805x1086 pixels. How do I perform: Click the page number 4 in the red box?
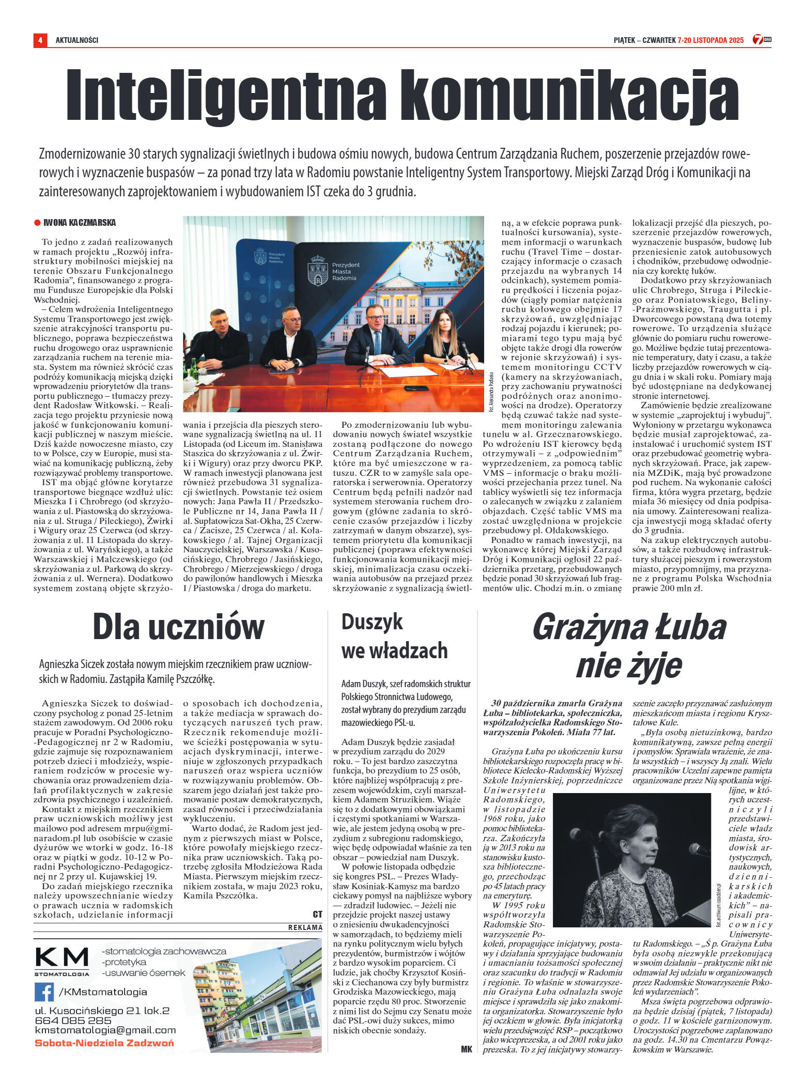pyautogui.click(x=40, y=40)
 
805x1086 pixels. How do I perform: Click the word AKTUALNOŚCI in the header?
pyautogui.click(x=77, y=40)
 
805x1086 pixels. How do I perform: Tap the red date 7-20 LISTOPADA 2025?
pyautogui.click(x=710, y=40)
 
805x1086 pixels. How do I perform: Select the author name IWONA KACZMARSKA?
pyautogui.click(x=80, y=223)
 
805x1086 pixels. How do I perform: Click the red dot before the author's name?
pyautogui.click(x=37, y=223)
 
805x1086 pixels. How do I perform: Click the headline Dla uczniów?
pyautogui.click(x=178, y=627)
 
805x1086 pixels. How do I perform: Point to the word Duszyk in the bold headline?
pyautogui.click(x=372, y=622)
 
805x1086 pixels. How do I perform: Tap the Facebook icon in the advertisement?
pyautogui.click(x=44, y=991)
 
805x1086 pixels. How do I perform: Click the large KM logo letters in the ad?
pyautogui.click(x=62, y=958)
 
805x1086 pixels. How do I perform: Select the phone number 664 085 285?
pyautogui.click(x=73, y=1020)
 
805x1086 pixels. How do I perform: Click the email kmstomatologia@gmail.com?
pyautogui.click(x=105, y=1030)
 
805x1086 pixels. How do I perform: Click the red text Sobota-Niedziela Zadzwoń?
pyautogui.click(x=104, y=1043)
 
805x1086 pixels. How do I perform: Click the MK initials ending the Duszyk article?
pyautogui.click(x=466, y=1049)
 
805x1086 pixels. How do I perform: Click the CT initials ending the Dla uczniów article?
pyautogui.click(x=317, y=914)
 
